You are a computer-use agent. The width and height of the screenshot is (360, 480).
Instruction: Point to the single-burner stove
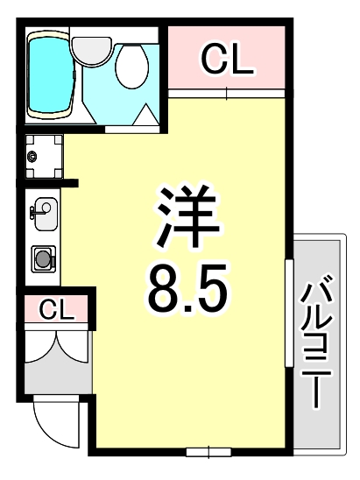tap(43, 258)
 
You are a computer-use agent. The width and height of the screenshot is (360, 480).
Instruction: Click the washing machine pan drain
tap(32, 157)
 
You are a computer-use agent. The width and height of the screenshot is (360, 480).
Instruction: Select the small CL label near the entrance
tap(55, 309)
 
